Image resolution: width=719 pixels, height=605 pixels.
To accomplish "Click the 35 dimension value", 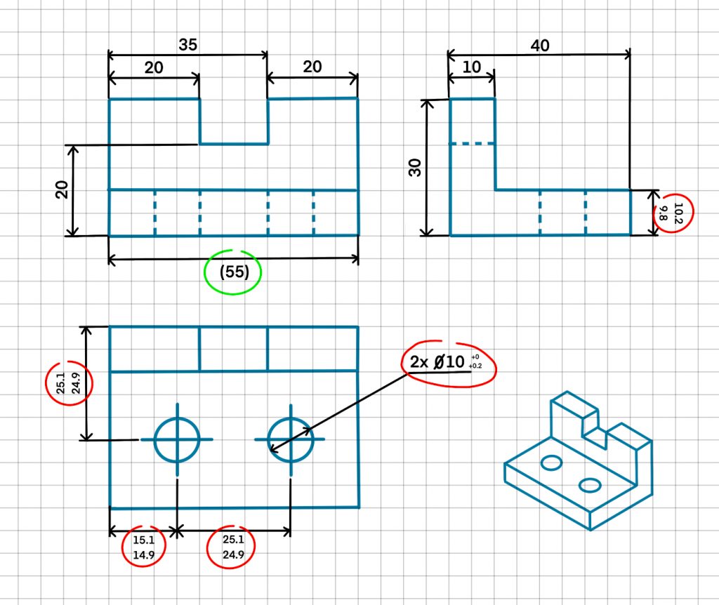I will click(x=187, y=44).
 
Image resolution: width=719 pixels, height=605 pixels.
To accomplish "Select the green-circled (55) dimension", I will click(x=235, y=272).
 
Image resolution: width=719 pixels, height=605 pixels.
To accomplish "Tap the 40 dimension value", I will click(x=540, y=46).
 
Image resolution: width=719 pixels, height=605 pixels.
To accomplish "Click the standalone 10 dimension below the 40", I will click(x=471, y=67).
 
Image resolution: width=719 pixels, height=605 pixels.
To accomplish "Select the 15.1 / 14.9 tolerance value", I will click(x=143, y=547).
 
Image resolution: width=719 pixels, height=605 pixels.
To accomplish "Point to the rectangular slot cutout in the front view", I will click(x=233, y=121).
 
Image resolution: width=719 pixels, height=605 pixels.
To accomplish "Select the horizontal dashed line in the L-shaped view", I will click(x=473, y=145).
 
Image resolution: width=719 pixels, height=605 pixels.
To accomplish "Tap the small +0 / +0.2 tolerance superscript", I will click(x=476, y=361).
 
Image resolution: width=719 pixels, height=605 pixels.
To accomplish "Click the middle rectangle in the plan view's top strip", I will click(x=233, y=349).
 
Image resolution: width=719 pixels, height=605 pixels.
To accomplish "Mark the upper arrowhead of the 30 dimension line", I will click(x=426, y=104).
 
